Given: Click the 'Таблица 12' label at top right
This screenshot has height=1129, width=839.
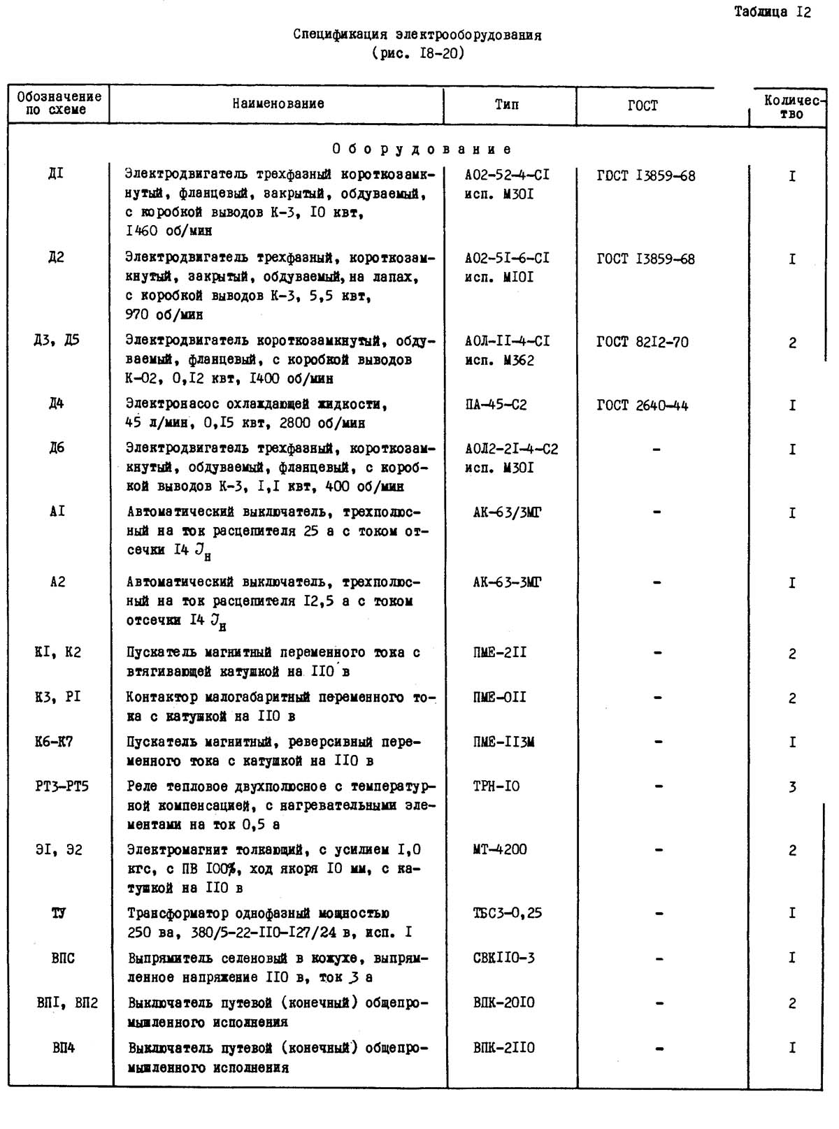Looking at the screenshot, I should (772, 12).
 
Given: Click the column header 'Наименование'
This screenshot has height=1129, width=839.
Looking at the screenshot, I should (278, 104).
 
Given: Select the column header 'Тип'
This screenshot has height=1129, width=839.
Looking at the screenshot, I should (507, 105).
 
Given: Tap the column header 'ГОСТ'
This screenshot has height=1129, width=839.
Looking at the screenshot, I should (643, 106).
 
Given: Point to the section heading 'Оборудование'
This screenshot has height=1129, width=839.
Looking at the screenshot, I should (422, 149).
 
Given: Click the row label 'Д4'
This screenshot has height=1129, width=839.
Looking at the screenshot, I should (57, 403).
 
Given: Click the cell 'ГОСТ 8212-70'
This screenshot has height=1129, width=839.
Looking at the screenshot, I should (643, 343).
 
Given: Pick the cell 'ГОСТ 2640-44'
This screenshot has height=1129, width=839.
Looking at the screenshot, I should (643, 405).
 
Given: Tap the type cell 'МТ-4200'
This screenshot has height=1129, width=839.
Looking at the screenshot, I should (500, 850).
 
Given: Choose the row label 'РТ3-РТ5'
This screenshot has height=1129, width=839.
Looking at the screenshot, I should (62, 787).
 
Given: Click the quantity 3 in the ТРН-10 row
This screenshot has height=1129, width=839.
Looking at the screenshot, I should (792, 788).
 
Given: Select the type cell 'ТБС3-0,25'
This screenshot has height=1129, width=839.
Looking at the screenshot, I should (507, 913).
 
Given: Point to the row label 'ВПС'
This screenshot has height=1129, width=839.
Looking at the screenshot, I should (63, 958).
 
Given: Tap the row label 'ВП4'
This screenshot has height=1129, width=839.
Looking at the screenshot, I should (63, 1048).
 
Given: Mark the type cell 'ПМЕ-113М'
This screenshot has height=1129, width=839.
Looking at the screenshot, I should (503, 742).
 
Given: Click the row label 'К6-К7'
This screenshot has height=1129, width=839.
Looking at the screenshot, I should (54, 742).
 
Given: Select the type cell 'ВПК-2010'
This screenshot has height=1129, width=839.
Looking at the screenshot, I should (503, 1003).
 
